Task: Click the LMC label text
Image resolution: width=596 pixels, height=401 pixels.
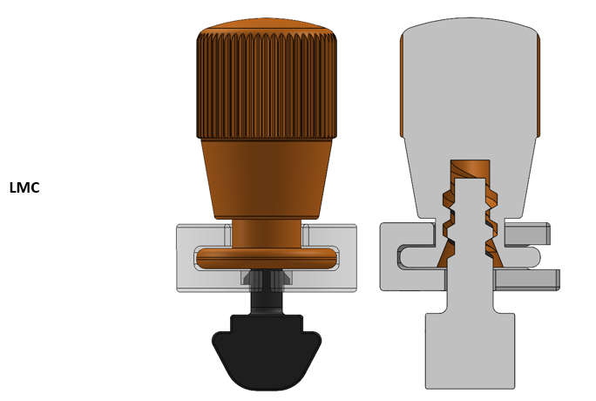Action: click(x=24, y=187)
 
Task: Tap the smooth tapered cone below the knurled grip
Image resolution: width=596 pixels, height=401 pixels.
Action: click(x=267, y=179)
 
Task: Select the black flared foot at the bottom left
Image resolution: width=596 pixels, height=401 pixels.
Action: click(x=267, y=353)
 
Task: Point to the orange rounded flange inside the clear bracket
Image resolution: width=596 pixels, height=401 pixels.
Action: click(x=267, y=258)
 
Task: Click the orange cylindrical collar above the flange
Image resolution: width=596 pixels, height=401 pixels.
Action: click(x=267, y=233)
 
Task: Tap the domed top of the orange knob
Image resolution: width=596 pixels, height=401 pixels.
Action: click(x=267, y=24)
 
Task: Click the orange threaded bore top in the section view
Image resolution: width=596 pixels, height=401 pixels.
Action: click(x=470, y=168)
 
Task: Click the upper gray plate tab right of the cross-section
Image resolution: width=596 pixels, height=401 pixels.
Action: click(x=526, y=234)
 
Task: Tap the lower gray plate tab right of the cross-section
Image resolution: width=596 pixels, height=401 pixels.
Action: click(x=526, y=279)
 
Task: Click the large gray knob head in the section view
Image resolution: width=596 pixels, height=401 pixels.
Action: click(x=470, y=87)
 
